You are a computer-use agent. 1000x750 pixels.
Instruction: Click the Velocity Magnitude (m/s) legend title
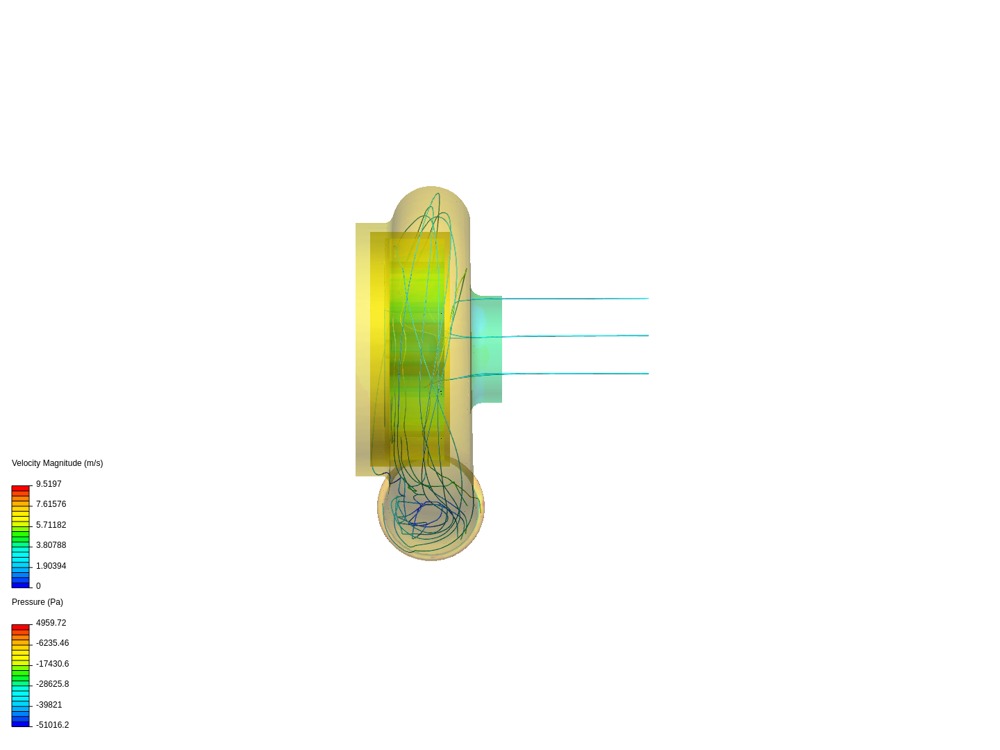click(57, 463)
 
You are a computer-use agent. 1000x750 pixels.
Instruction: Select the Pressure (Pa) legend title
click(37, 602)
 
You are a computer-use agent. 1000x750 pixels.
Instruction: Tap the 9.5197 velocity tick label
click(49, 484)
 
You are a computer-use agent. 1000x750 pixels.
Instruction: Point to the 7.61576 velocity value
click(51, 504)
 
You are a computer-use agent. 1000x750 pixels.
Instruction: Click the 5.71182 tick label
click(51, 525)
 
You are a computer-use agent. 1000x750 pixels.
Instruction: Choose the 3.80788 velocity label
click(51, 545)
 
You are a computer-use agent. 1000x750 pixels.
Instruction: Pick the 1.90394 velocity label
click(51, 566)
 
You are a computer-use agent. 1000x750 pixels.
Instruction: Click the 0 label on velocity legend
click(38, 586)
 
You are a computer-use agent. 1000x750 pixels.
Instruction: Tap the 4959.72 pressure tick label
click(51, 623)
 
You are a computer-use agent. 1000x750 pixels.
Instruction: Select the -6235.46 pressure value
click(52, 643)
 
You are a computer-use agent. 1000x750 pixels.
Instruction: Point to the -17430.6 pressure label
click(52, 664)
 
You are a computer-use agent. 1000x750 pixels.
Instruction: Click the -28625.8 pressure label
click(52, 684)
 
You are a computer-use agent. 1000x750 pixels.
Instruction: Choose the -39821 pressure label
click(49, 705)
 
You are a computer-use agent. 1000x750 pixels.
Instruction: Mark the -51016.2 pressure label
click(52, 725)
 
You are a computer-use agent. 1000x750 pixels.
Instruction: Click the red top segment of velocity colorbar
click(20, 489)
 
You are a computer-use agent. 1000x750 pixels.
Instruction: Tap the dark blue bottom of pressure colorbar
click(20, 724)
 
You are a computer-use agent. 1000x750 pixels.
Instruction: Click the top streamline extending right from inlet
click(576, 299)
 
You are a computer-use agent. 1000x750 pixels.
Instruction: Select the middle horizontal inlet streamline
click(576, 336)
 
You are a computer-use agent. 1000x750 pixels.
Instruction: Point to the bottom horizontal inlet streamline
click(576, 374)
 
